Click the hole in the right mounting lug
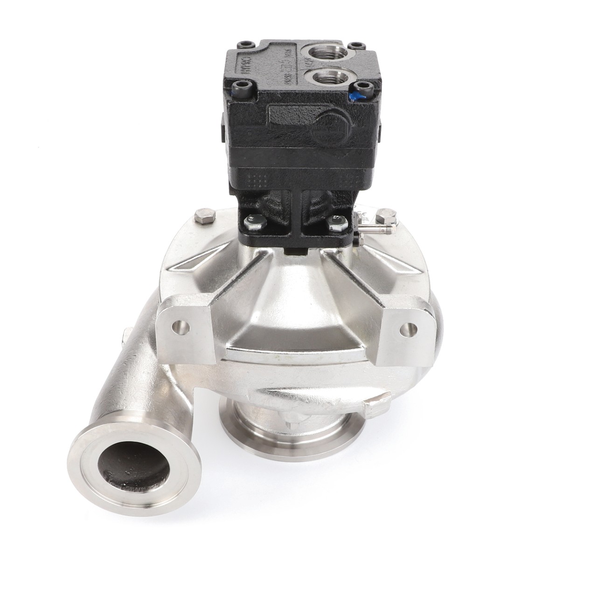[x=407, y=328]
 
